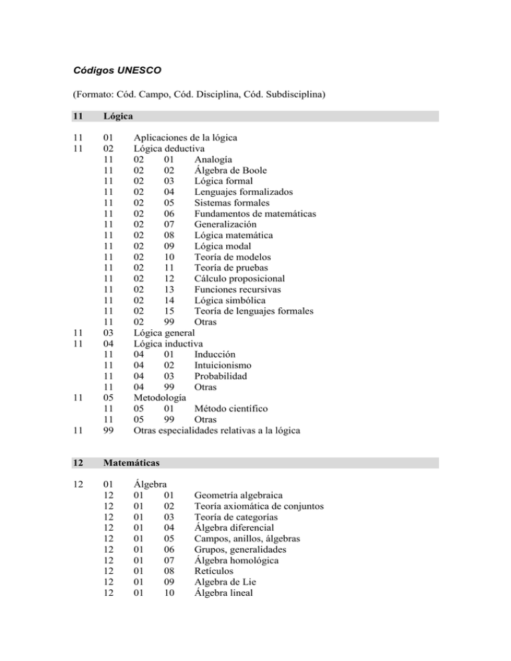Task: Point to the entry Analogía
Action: pos(214,159)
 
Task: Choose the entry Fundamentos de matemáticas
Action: pos(255,213)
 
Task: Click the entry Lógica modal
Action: pos(224,246)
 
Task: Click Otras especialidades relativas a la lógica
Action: pos(217,430)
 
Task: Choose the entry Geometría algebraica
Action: pos(238,495)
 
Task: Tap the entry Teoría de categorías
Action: pos(236,517)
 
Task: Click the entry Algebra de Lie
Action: pos(226,582)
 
